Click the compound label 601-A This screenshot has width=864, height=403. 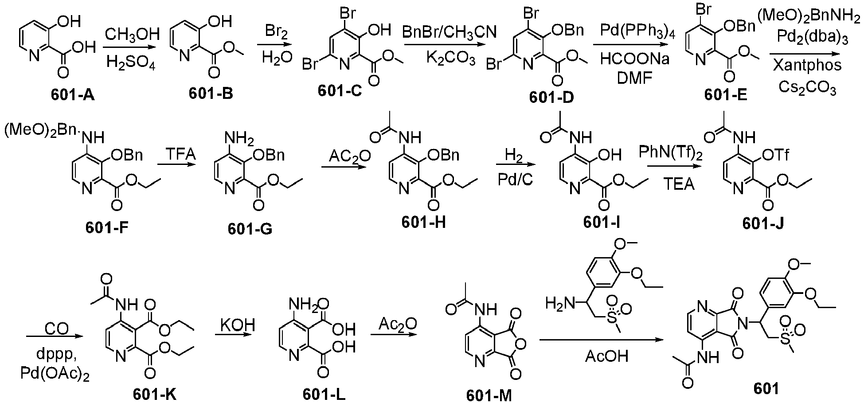click(x=73, y=94)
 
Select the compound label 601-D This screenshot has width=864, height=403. click(x=551, y=97)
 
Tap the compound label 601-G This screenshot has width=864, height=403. click(x=250, y=228)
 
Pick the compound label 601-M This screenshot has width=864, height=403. click(x=489, y=395)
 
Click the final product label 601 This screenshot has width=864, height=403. click(x=766, y=388)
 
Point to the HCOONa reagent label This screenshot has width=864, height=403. click(x=635, y=59)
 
